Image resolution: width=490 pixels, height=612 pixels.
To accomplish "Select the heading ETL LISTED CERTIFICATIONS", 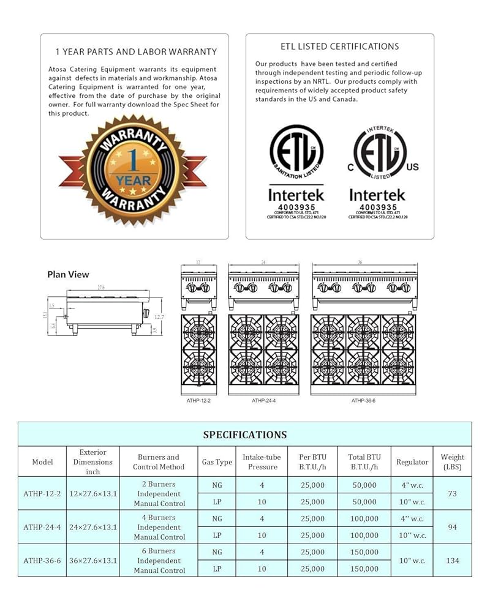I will [x=339, y=47].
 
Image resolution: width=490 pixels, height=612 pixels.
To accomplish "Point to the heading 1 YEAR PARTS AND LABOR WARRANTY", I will [x=136, y=52].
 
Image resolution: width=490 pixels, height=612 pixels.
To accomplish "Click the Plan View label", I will [x=69, y=275].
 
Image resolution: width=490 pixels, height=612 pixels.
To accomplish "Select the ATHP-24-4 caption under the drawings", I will [x=263, y=401].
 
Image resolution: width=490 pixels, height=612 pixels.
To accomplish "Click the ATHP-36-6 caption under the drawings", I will [x=363, y=401].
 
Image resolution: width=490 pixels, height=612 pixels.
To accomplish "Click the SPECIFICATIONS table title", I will [x=244, y=435].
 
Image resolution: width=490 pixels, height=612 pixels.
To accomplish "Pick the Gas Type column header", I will [x=217, y=462].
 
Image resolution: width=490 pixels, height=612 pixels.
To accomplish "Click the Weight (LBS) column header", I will [x=452, y=462].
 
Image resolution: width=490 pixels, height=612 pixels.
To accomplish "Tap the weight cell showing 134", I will [x=452, y=561].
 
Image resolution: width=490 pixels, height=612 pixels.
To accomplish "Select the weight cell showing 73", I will [x=452, y=493].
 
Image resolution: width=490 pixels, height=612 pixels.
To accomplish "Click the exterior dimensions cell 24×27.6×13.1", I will [x=92, y=527].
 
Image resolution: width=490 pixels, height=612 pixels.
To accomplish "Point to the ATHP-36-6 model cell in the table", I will [x=42, y=561].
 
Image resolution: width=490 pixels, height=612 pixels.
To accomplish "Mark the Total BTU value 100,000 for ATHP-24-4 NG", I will [x=364, y=519].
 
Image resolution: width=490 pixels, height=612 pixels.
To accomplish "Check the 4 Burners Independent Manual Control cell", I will [x=159, y=527].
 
